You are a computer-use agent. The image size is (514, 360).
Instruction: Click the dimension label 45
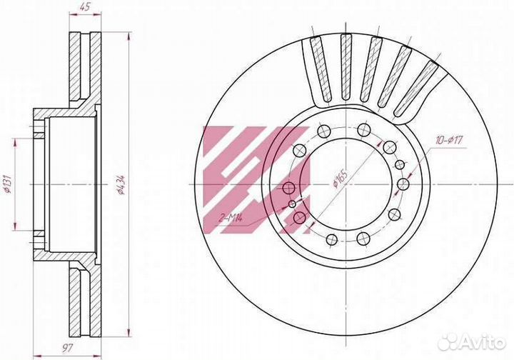pyautogui.click(x=84, y=8)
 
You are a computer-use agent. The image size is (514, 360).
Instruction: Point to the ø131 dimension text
pyautogui.click(x=9, y=184)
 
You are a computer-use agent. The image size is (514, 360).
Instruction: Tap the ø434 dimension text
pyautogui.click(x=121, y=184)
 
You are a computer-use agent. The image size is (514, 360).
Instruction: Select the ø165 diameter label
pyautogui.click(x=340, y=179)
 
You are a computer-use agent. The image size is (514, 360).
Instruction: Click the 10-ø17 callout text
pyautogui.click(x=448, y=141)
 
